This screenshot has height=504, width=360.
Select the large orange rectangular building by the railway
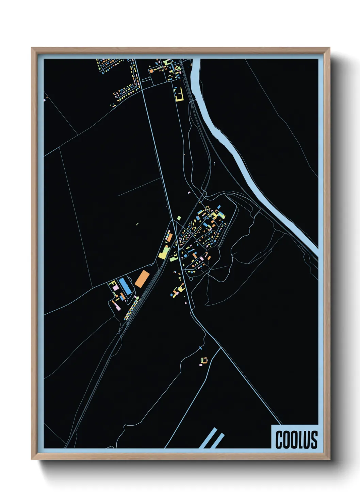pos(142,278)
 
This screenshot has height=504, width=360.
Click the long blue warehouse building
pos(125,286)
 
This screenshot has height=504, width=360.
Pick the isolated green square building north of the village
pos(179,218)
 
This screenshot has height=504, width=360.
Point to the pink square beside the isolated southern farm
pos(201,365)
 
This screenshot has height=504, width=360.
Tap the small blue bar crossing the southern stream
pos(200,348)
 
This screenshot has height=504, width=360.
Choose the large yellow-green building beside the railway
pos(164,252)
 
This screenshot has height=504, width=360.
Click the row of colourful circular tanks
pos(131,308)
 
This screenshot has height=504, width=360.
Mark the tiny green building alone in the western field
pos(137,224)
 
